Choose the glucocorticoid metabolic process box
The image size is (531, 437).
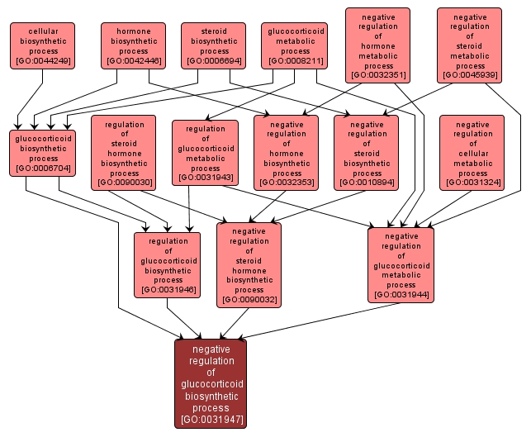point(296,45)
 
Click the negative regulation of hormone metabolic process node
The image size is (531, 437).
point(377,45)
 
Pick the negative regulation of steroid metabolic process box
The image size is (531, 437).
point(470,45)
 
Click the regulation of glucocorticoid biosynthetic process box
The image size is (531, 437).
point(168,264)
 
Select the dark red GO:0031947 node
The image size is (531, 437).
point(211,383)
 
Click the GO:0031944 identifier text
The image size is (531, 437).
point(401,294)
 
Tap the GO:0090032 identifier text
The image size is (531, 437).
point(249,300)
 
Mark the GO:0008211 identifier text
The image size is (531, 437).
point(296,61)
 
